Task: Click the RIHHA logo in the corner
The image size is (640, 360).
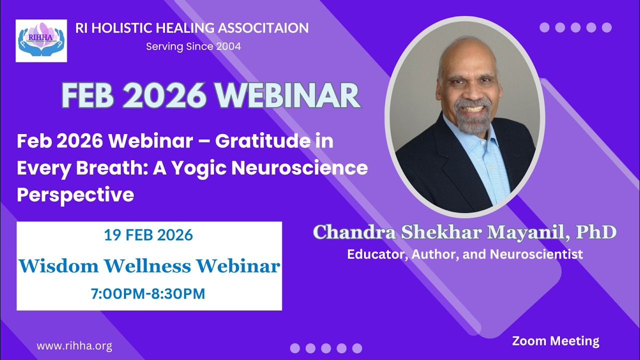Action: (41, 41)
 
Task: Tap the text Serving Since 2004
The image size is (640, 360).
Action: (193, 46)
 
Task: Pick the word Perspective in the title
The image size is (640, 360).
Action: (75, 195)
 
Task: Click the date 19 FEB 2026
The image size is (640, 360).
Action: (148, 235)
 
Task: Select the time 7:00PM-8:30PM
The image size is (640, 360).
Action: (148, 293)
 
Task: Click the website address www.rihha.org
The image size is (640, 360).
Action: (74, 345)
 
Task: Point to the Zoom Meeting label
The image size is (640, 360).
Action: (555, 341)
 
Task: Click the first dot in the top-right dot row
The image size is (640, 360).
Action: (544, 27)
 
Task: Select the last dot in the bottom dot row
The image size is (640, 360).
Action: (357, 348)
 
